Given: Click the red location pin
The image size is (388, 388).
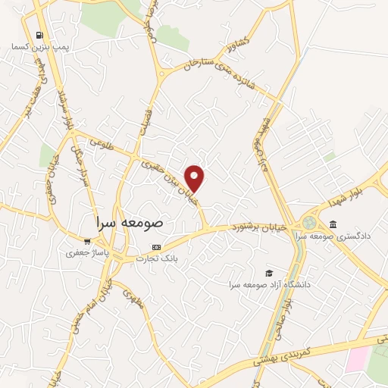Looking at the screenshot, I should click(196, 177).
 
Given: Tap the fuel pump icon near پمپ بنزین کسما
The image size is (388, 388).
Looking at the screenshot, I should click(38, 35).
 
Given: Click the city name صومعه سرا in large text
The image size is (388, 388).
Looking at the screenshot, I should click(130, 224).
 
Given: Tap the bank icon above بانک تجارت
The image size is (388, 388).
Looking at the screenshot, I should click(157, 247).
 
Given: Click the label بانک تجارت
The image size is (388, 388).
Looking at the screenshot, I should click(156, 258).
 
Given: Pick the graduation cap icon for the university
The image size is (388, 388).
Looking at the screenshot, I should click(268, 273).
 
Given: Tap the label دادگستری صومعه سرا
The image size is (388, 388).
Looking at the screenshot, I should click(333, 235).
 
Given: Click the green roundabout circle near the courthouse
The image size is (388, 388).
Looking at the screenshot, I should click(308, 224).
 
